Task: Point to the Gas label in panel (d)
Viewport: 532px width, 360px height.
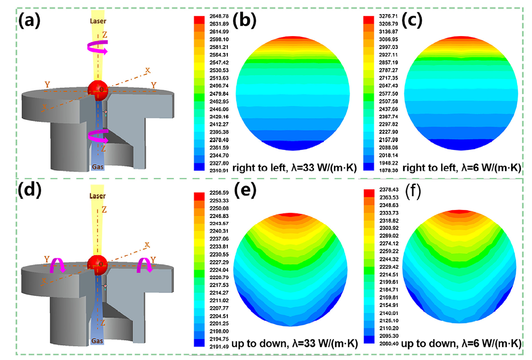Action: click(x=98, y=341)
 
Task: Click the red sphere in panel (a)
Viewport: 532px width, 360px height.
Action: click(x=97, y=88)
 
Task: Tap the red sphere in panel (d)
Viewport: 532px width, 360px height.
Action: click(x=97, y=262)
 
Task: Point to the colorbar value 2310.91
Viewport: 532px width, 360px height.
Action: click(x=215, y=169)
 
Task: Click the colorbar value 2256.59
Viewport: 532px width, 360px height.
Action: click(x=215, y=192)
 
